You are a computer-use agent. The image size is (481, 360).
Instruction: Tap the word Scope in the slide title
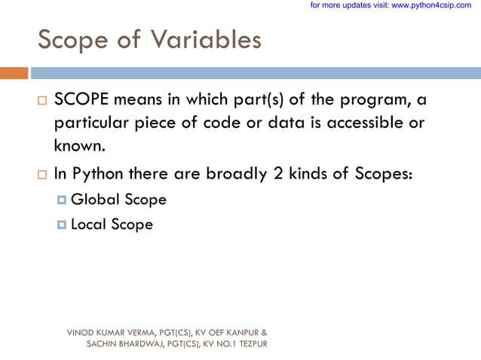tap(75, 39)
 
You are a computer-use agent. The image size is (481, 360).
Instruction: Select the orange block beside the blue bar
tap(14, 73)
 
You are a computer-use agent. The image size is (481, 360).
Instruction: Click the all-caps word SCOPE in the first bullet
tap(83, 101)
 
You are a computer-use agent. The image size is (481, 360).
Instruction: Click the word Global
tap(92, 200)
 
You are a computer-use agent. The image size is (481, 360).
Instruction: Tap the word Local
tap(88, 224)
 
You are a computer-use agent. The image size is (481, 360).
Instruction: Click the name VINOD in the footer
tap(80, 332)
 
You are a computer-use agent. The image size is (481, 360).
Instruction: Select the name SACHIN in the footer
tap(102, 343)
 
